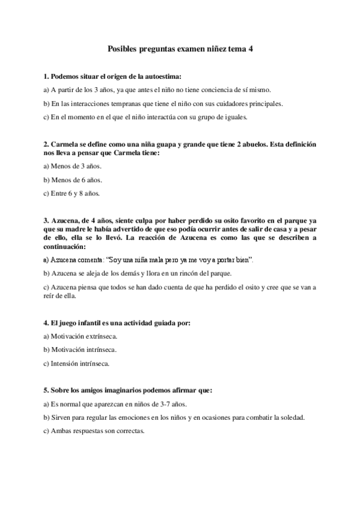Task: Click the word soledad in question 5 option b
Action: tap(293, 417)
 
